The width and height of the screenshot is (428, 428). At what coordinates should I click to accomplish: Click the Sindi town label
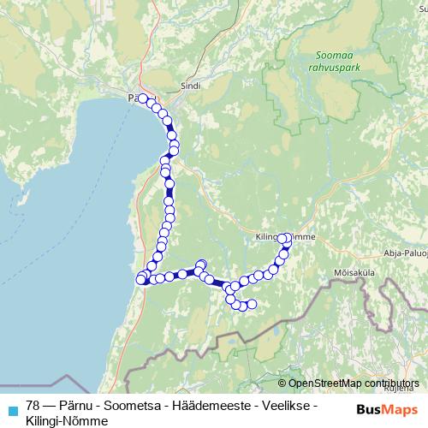[x=189, y=86]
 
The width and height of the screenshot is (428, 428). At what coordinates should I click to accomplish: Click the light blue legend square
[x=12, y=407]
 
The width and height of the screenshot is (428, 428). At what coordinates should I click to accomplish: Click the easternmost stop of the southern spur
[x=252, y=304]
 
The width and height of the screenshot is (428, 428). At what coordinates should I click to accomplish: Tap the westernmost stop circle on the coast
[x=141, y=279]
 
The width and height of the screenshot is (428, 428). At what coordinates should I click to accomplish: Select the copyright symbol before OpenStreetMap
[x=282, y=383]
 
